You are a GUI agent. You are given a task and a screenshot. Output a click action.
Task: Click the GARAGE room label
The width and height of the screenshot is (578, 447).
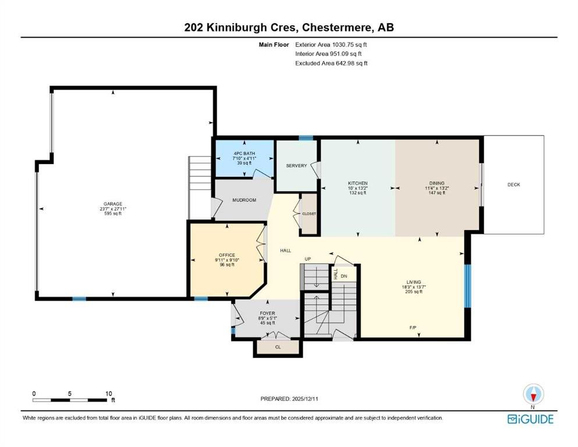point(113,204)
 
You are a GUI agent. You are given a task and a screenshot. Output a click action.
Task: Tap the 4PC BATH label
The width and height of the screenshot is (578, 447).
point(244,153)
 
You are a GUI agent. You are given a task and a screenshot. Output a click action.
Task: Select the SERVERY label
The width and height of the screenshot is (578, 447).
point(296,166)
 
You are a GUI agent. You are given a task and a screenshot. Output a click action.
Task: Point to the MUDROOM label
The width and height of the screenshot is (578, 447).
point(244,200)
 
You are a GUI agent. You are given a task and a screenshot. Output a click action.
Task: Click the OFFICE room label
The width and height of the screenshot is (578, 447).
point(227,255)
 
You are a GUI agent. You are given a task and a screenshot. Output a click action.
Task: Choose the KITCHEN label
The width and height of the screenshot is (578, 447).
point(357,183)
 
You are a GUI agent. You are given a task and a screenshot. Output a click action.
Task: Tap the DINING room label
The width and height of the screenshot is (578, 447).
point(437,183)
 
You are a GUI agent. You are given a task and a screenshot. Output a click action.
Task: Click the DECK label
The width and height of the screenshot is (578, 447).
point(513,185)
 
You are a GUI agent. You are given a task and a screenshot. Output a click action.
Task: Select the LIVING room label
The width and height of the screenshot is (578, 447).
point(414,282)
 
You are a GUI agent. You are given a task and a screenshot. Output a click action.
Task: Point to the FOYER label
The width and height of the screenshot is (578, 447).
point(267,313)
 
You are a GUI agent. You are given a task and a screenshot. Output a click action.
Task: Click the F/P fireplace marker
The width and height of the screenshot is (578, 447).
point(413,327)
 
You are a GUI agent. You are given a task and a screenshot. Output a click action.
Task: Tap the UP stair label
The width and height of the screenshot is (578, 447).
point(308,259)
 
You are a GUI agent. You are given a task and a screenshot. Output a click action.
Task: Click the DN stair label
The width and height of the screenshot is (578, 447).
point(344,276)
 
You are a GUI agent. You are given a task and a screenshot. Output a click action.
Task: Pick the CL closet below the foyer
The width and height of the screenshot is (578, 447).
point(278,347)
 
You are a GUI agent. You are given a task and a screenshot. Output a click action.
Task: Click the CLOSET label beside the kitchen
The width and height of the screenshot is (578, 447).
point(309,214)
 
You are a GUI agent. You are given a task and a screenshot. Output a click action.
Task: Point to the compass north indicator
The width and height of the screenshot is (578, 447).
point(533,395)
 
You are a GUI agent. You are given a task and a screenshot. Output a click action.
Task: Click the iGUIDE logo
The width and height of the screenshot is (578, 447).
point(530,420)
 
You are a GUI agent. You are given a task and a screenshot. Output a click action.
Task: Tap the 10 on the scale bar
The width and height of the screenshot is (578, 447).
point(108,393)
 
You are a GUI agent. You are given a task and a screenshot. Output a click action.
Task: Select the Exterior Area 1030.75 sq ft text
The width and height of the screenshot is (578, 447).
point(331,45)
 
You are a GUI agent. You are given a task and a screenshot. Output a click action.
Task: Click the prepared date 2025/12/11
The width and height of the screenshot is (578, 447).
point(304,399)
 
